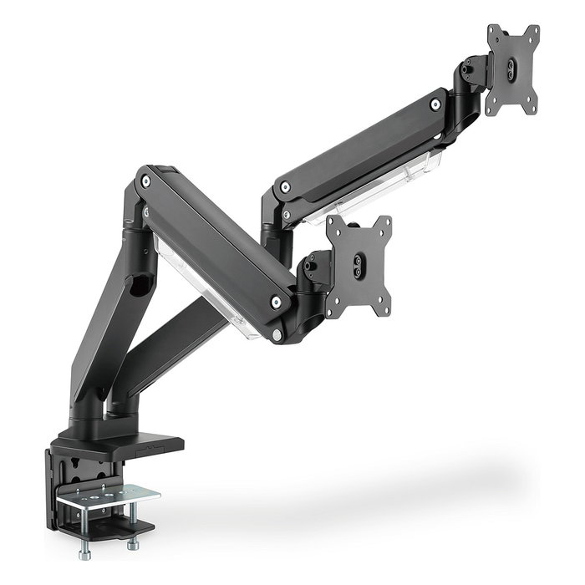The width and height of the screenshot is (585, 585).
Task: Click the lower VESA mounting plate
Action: pyautogui.click(x=359, y=265)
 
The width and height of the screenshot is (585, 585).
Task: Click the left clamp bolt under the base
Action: pyautogui.click(x=86, y=552)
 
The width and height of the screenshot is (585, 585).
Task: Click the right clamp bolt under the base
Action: pyautogui.click(x=135, y=544)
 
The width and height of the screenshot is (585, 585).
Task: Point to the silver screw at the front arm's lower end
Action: pyautogui.click(x=276, y=303)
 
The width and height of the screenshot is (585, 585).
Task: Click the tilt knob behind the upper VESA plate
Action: pyautogui.click(x=475, y=69)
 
